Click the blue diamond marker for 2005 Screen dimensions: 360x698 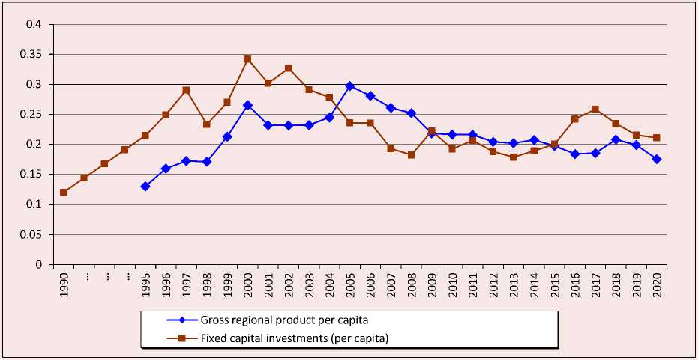[349, 86]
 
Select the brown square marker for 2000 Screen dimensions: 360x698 [247, 59]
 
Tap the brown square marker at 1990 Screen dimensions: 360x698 [64, 192]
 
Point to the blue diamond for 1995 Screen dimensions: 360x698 [145, 186]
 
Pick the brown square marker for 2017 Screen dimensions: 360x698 [595, 109]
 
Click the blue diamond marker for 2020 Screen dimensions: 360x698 [657, 159]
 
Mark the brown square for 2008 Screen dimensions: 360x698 [411, 155]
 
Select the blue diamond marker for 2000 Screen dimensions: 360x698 [247, 105]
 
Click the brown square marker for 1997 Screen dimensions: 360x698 [186, 90]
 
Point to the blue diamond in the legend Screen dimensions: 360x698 [182, 320]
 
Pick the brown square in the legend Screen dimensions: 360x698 [182, 337]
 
